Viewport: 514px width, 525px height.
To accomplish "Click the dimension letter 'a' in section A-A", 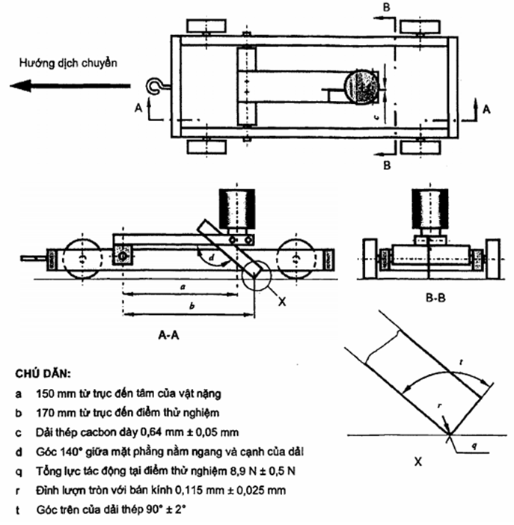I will [x=183, y=286].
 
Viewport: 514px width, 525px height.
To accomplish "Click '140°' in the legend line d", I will [x=70, y=453].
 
